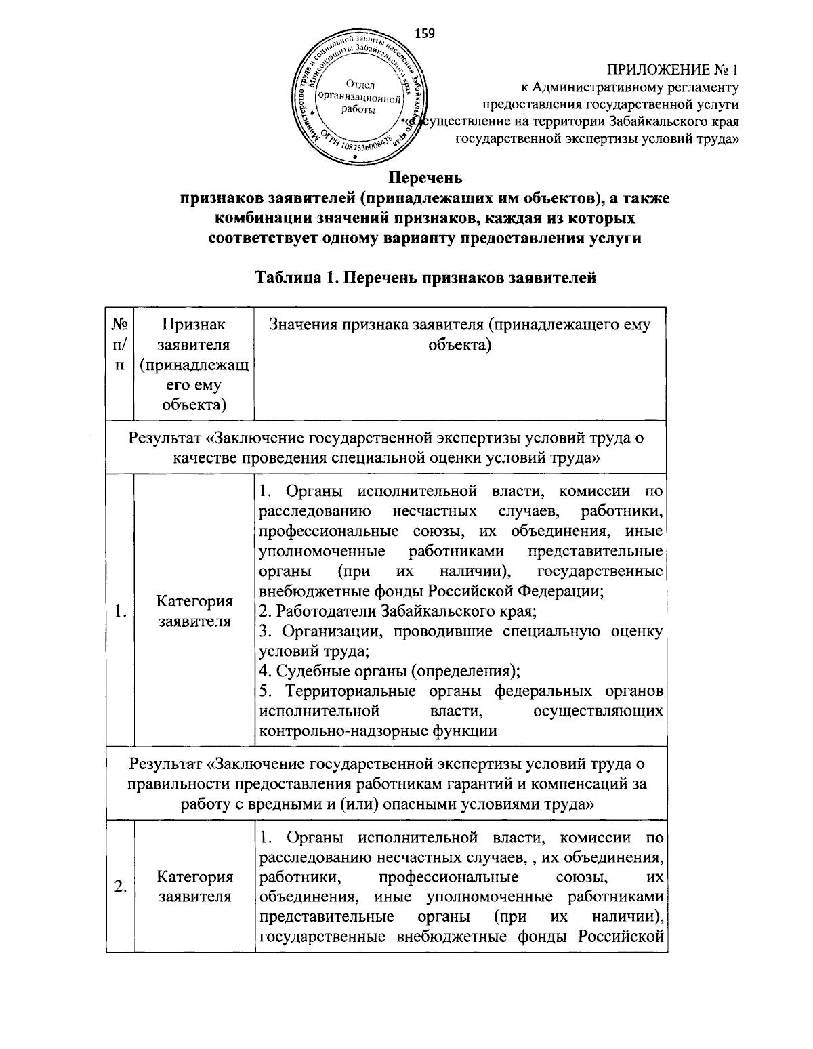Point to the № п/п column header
pos(120,345)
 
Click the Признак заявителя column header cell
pos(194,365)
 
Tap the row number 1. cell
pos(120,612)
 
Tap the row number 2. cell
pos(120,886)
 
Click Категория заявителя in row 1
pos(194,611)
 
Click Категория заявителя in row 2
pos(194,886)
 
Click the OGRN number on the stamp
pos(366,143)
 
